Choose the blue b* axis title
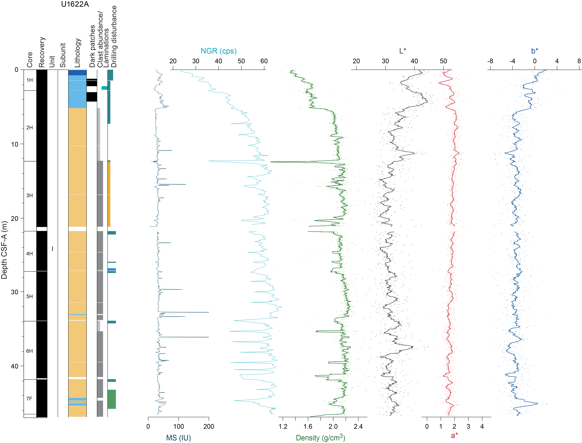[535, 51]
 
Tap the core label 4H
[30, 254]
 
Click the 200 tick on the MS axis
[209, 426]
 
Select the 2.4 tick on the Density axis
[358, 426]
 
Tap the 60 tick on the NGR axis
[264, 61]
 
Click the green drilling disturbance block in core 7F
[112, 399]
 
